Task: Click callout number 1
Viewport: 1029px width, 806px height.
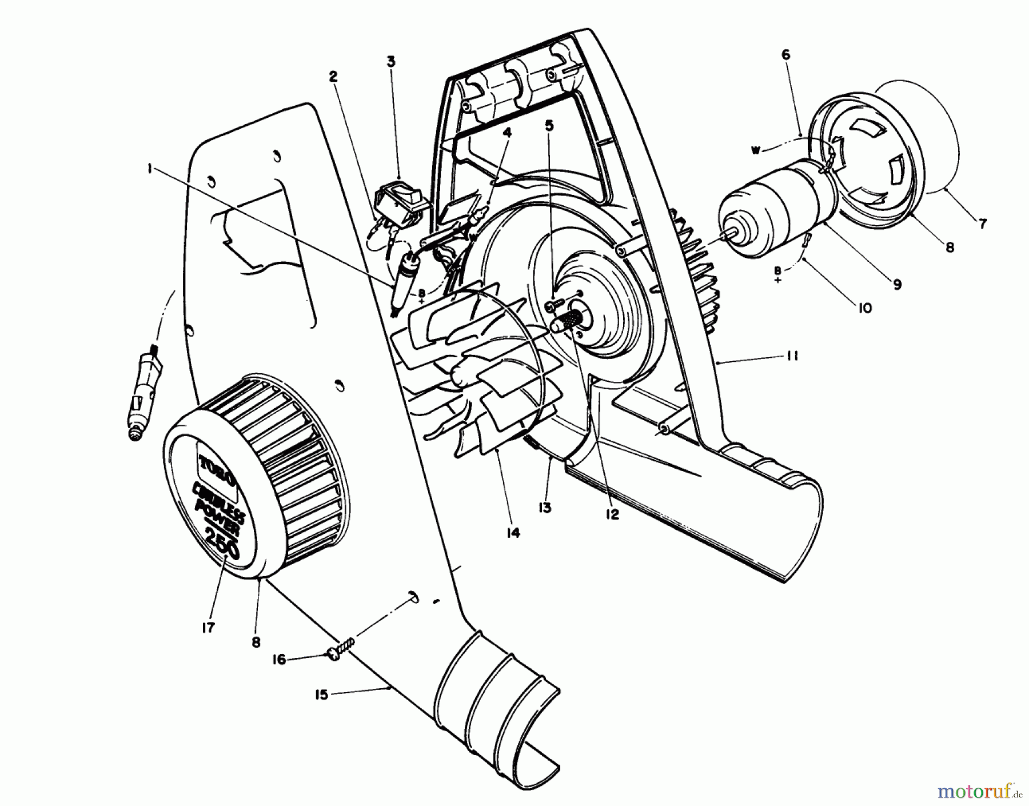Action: (149, 170)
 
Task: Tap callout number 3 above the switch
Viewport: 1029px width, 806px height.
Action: (390, 61)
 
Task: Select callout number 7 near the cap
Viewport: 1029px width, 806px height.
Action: (982, 224)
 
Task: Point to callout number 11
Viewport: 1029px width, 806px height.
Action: (792, 356)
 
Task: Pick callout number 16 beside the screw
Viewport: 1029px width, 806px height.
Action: (280, 660)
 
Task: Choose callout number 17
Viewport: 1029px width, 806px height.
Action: (208, 628)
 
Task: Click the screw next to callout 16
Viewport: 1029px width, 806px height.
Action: (342, 647)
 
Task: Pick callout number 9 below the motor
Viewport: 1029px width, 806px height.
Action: (896, 284)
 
